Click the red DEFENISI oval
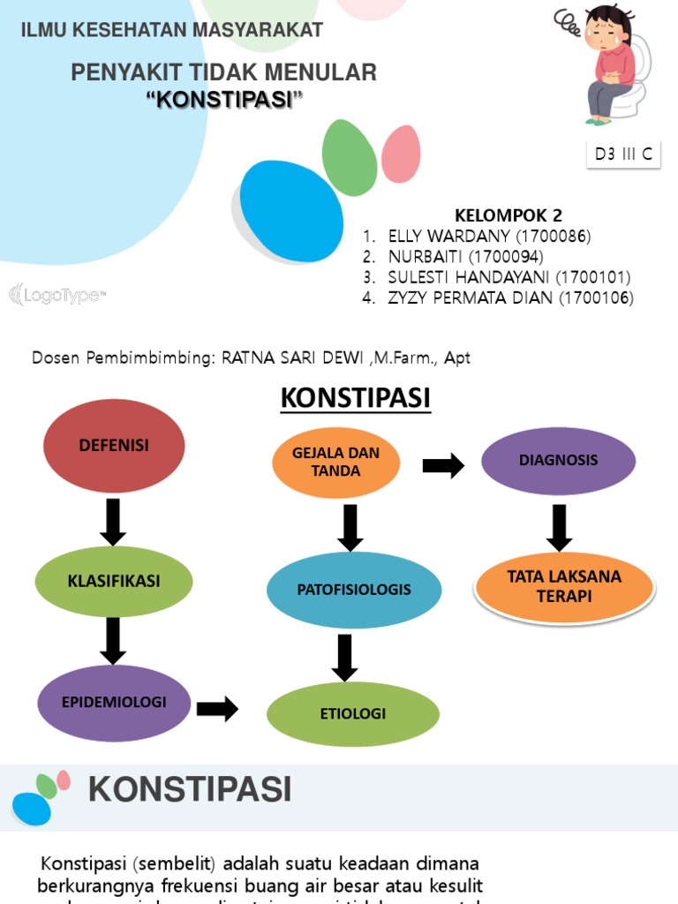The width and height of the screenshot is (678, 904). [x=113, y=446]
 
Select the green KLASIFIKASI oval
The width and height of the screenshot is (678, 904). [x=114, y=581]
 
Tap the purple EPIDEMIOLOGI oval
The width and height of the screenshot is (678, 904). [x=114, y=703]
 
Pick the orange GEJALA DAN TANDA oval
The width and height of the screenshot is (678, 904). [x=336, y=463]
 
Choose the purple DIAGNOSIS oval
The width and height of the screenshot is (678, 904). [x=558, y=460]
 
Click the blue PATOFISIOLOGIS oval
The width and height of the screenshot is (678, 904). [x=354, y=590]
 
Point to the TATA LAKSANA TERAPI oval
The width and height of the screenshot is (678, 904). [x=564, y=586]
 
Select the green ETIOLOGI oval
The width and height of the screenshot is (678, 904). [x=353, y=713]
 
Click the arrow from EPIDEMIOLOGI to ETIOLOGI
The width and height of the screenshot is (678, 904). [x=217, y=709]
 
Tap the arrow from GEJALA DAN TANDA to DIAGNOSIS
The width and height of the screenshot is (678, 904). [x=443, y=466]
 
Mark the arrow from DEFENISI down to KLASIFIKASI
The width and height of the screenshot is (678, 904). [x=113, y=522]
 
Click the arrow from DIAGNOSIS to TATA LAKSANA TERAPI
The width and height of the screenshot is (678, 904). [x=559, y=527]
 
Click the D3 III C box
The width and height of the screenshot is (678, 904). [x=623, y=154]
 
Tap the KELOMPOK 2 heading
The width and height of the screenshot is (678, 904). [x=508, y=215]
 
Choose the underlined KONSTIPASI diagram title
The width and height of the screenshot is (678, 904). [x=355, y=399]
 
